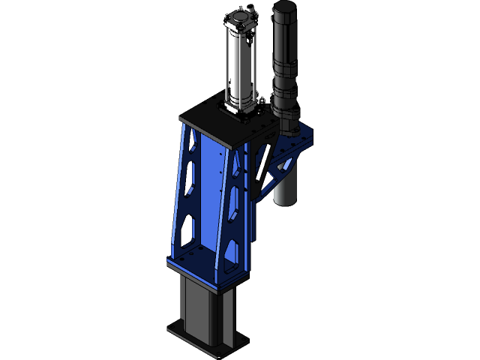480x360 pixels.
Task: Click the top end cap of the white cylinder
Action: pyautogui.click(x=241, y=19)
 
